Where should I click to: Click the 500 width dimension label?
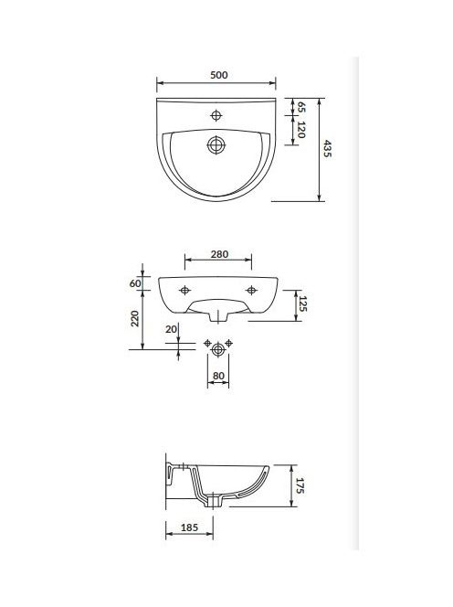(219, 75)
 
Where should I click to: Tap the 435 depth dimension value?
(327, 149)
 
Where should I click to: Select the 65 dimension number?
(301, 107)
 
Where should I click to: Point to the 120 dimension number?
(301, 129)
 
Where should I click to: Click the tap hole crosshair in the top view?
(216, 115)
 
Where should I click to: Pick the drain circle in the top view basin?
(216, 145)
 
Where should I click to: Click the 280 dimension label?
(219, 254)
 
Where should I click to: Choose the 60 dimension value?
(135, 283)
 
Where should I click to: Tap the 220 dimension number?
(134, 318)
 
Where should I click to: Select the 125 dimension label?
(302, 303)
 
